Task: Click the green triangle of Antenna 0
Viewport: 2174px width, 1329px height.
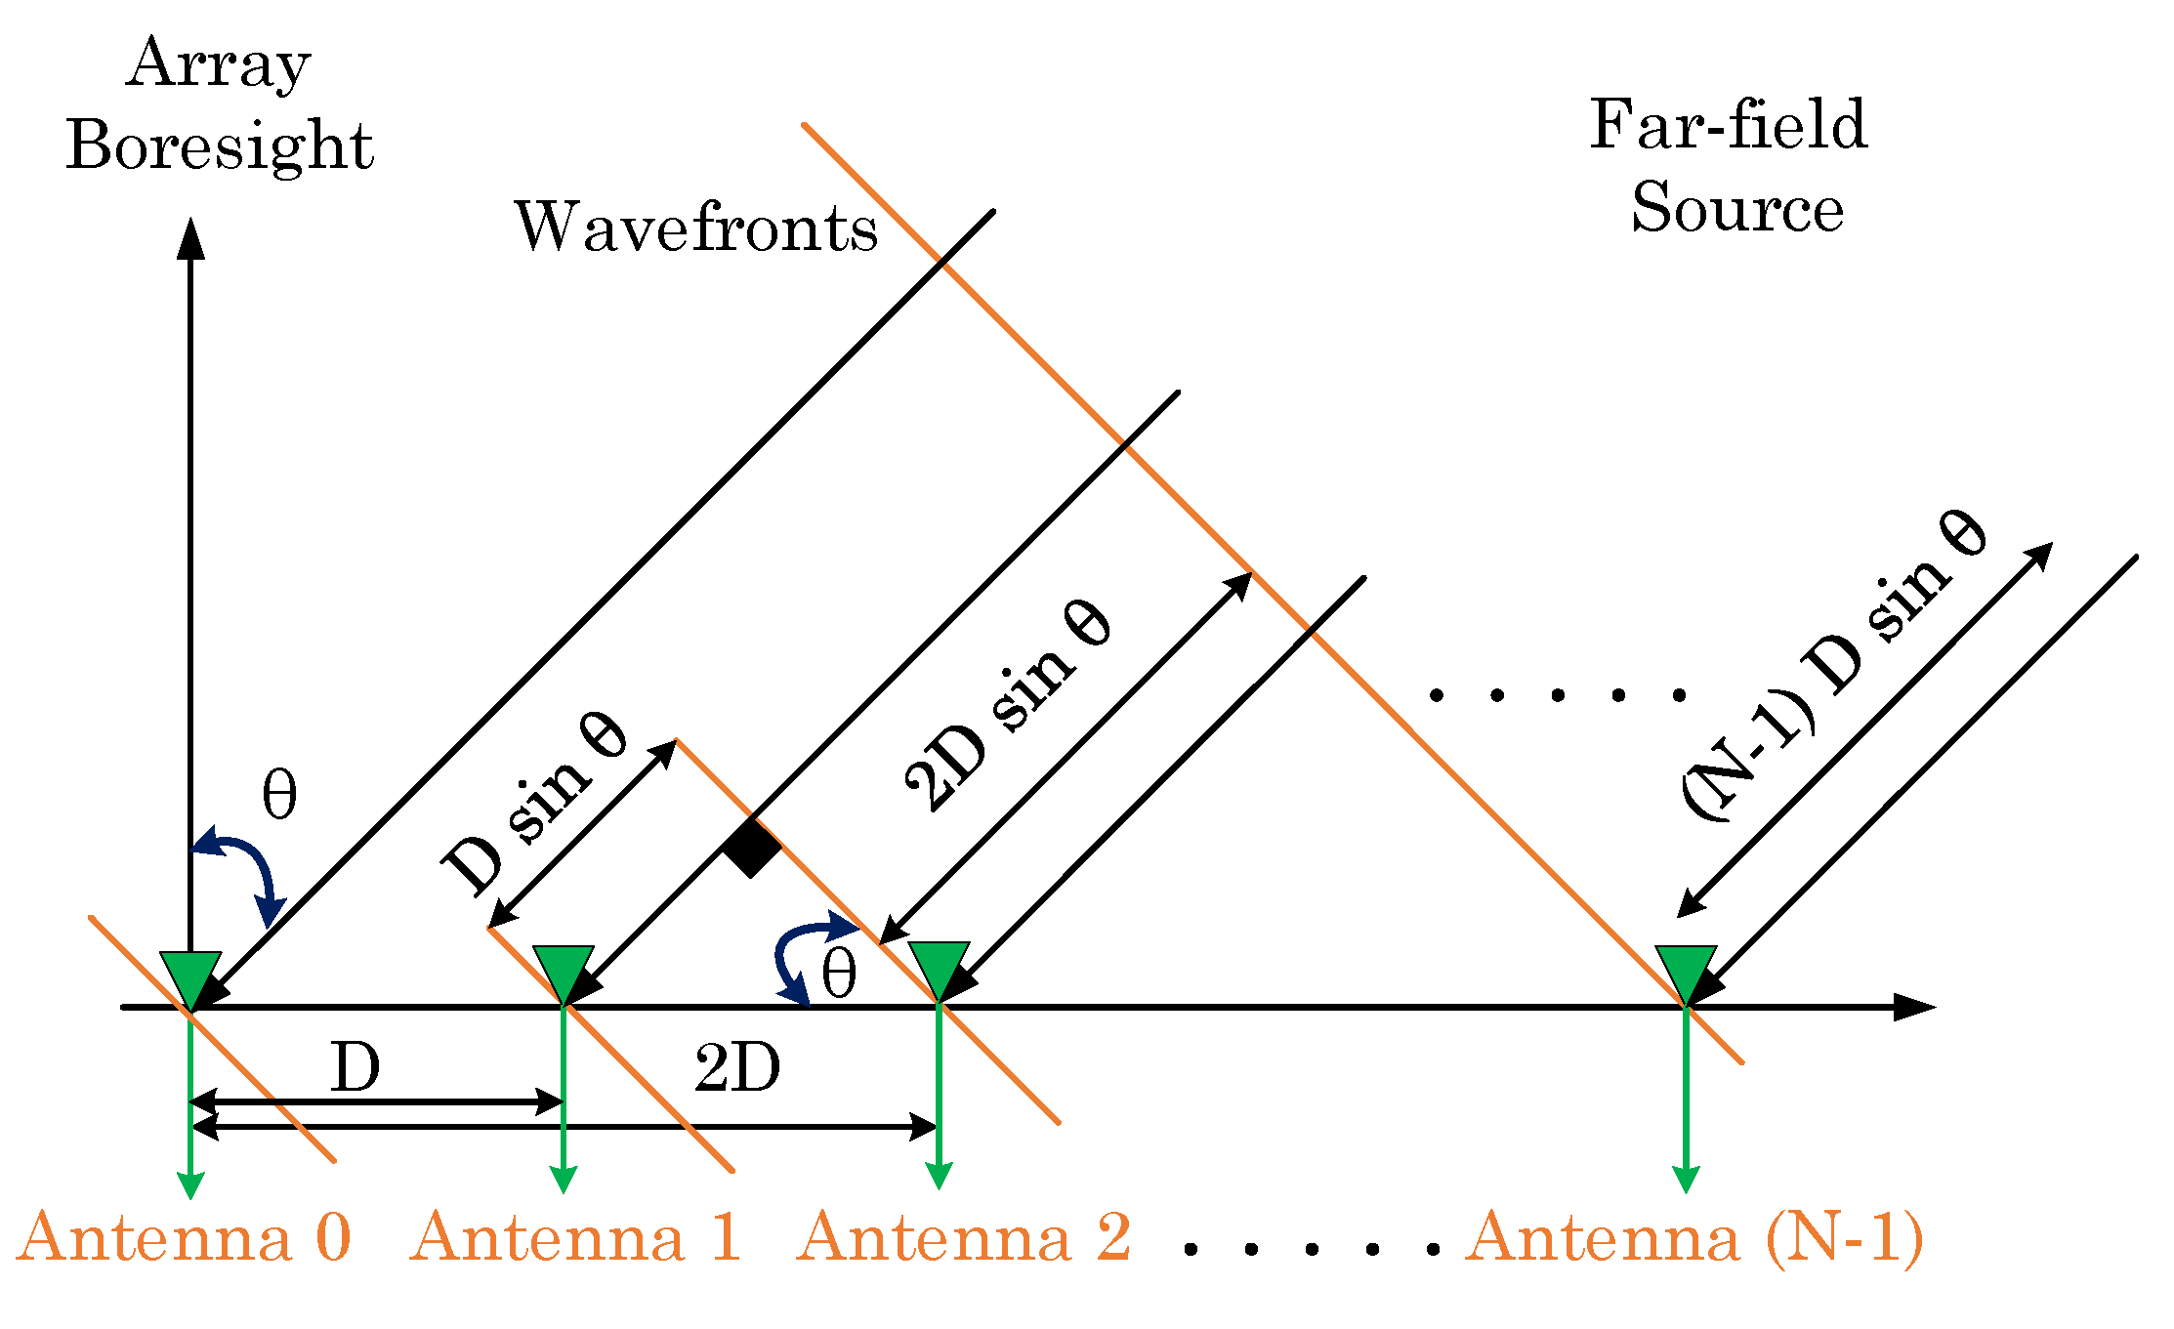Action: [190, 975]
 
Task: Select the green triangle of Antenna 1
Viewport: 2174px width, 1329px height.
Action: [564, 970]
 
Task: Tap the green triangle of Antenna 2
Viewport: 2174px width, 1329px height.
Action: [939, 967]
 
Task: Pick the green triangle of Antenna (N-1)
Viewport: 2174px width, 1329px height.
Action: [1686, 970]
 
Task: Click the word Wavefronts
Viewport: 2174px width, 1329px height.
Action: [696, 228]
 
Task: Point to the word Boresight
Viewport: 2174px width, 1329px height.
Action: [220, 146]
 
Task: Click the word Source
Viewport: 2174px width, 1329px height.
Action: [1737, 208]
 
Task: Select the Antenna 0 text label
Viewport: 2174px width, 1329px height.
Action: [184, 1238]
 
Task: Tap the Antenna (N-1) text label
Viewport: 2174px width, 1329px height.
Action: [1695, 1238]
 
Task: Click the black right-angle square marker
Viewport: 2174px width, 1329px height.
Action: [752, 848]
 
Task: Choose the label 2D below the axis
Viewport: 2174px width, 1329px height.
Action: [737, 1067]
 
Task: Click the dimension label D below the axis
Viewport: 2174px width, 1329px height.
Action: [355, 1067]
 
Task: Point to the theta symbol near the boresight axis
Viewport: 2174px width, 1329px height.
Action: [280, 794]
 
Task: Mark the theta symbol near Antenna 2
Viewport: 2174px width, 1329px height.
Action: [839, 974]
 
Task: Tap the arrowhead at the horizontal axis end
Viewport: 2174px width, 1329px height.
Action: [1914, 1007]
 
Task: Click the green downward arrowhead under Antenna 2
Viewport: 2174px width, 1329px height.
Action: [939, 1176]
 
